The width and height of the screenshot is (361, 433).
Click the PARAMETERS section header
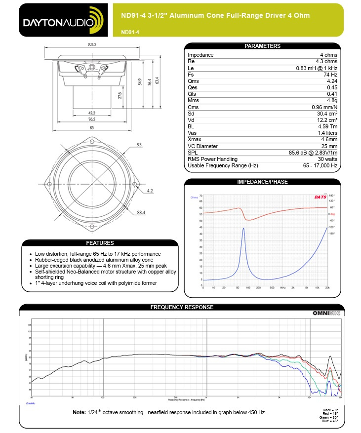[262, 46]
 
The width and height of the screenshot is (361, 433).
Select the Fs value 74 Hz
[331, 74]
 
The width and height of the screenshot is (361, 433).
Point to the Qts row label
[192, 94]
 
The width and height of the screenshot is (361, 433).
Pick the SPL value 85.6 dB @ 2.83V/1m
[313, 153]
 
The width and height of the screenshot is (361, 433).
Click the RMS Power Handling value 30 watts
[327, 159]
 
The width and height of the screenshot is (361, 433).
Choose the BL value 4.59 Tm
[327, 126]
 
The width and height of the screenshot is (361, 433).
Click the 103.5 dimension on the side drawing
[91, 44]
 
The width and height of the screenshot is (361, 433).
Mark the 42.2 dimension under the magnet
[91, 113]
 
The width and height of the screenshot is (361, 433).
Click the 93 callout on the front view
[139, 145]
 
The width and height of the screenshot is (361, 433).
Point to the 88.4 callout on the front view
[141, 213]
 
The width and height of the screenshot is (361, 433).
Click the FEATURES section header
[100, 243]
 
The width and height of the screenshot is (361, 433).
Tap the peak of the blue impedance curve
[243, 228]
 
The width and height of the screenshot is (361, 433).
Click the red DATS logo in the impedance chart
[320, 197]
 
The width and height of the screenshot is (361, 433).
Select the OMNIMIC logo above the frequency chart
[326, 313]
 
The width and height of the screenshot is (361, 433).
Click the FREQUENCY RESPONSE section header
[182, 307]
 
